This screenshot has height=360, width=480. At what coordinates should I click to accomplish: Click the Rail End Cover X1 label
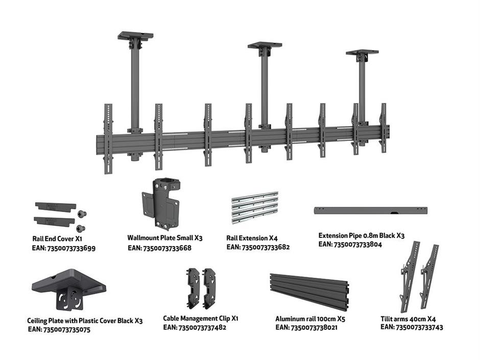58,238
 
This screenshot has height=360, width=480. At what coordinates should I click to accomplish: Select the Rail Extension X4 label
252,237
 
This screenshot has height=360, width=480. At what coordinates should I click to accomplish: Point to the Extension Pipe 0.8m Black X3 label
362,236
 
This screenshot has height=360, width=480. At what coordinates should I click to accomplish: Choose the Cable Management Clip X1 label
201,318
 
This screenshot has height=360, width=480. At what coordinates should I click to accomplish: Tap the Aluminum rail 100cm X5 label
310,318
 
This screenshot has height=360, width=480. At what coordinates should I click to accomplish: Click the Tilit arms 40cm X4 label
408,318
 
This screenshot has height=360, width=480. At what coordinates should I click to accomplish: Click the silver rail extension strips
255,207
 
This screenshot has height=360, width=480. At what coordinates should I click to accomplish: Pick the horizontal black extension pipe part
370,210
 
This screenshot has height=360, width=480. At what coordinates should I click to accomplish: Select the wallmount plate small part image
161,203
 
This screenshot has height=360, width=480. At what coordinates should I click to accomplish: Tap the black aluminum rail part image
309,291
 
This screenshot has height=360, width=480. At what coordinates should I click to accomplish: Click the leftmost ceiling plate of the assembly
135,36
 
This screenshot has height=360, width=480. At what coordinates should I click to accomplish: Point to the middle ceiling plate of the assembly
265,45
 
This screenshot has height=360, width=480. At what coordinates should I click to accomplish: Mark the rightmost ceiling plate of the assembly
362,53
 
